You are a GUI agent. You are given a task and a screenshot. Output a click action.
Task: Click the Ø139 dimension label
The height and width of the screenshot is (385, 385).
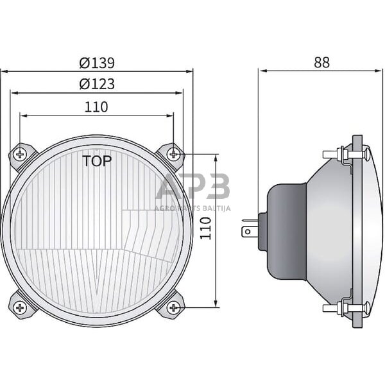coord(97,63)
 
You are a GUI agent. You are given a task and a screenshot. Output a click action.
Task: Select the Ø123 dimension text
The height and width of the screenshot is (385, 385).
coord(97,84)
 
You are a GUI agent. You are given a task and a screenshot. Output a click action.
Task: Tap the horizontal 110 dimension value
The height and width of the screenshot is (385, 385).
coord(96,107)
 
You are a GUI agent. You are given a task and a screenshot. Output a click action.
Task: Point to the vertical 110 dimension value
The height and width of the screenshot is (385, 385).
coord(205,228)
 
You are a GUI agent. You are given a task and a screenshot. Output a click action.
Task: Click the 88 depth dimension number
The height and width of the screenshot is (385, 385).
coord(321,62)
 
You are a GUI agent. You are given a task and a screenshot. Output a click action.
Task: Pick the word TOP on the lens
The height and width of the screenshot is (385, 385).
coord(97,161)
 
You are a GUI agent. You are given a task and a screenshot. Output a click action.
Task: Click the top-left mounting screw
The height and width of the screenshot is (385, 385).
coord(21,153)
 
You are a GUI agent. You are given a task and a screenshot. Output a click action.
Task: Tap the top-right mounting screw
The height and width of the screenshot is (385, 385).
coord(173,153)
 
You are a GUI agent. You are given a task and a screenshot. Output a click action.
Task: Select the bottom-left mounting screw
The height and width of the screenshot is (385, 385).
coord(21,307)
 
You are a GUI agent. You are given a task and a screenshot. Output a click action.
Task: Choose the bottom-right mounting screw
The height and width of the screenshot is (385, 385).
coord(173,307)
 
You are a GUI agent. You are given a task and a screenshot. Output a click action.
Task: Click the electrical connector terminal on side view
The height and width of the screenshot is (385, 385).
coord(248,230)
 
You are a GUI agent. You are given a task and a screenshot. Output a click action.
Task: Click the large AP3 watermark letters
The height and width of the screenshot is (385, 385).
coord(193,187)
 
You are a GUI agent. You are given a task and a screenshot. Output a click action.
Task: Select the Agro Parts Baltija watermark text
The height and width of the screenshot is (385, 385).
coord(193,208)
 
